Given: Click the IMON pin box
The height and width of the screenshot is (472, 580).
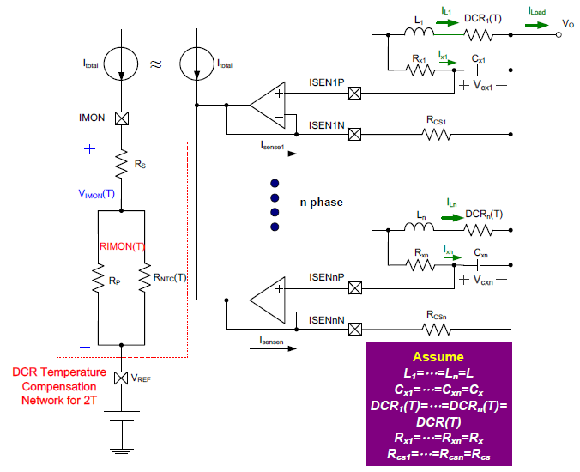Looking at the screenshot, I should coord(122,119).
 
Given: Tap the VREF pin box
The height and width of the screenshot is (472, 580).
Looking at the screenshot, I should coord(122,378).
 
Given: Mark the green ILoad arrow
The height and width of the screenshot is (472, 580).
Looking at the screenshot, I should coord(538,25).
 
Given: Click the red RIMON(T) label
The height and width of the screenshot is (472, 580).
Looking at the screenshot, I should coord(122,245).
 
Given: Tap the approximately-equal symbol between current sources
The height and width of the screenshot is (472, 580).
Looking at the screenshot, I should coord(155,64).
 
